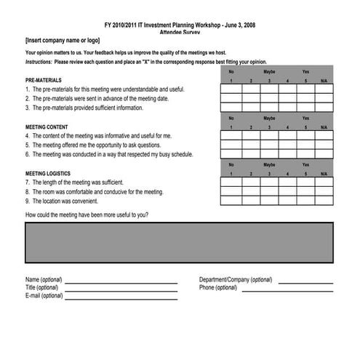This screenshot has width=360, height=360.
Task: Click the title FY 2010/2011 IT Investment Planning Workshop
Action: coord(180,25)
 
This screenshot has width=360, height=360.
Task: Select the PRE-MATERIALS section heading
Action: coord(44,79)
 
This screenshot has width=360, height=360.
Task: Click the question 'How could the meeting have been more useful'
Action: coord(87,215)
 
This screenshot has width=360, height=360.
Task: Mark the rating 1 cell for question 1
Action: coord(231,89)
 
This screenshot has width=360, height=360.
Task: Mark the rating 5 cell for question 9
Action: coord(305,201)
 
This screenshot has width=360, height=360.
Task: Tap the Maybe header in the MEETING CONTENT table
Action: coord(269,118)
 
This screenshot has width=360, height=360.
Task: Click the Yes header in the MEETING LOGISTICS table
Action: coord(305,164)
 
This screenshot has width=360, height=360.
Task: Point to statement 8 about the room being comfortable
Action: coord(95,192)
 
